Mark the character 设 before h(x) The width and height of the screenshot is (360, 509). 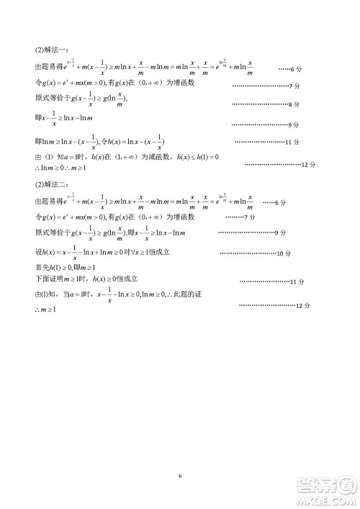(39, 253)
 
